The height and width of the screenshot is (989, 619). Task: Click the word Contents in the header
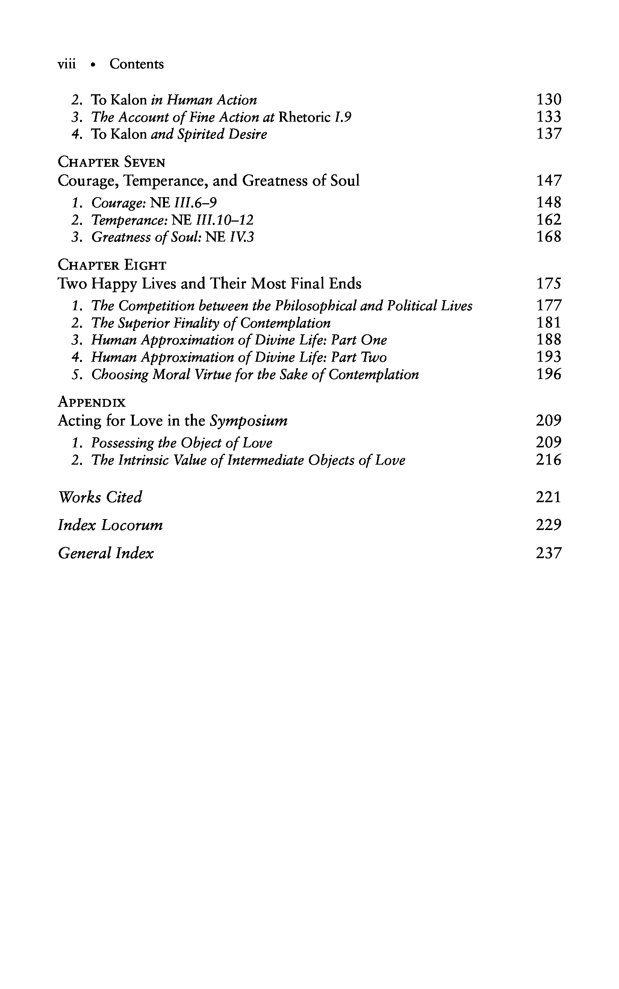[x=136, y=64]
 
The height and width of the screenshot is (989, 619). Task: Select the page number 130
[x=549, y=100]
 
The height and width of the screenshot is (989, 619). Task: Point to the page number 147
[x=549, y=180]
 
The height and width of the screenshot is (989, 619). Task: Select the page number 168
[x=549, y=237]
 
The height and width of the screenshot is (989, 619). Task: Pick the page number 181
[x=549, y=323]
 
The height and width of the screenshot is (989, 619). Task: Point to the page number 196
[x=549, y=374]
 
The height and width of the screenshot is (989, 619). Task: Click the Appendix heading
[x=92, y=402]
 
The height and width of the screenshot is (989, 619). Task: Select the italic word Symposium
[x=248, y=421]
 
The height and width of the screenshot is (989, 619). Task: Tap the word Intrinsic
[x=144, y=461]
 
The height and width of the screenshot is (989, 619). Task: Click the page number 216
[x=549, y=460]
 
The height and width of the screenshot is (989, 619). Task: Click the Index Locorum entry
[x=110, y=525]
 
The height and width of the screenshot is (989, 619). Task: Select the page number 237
[x=549, y=553]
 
